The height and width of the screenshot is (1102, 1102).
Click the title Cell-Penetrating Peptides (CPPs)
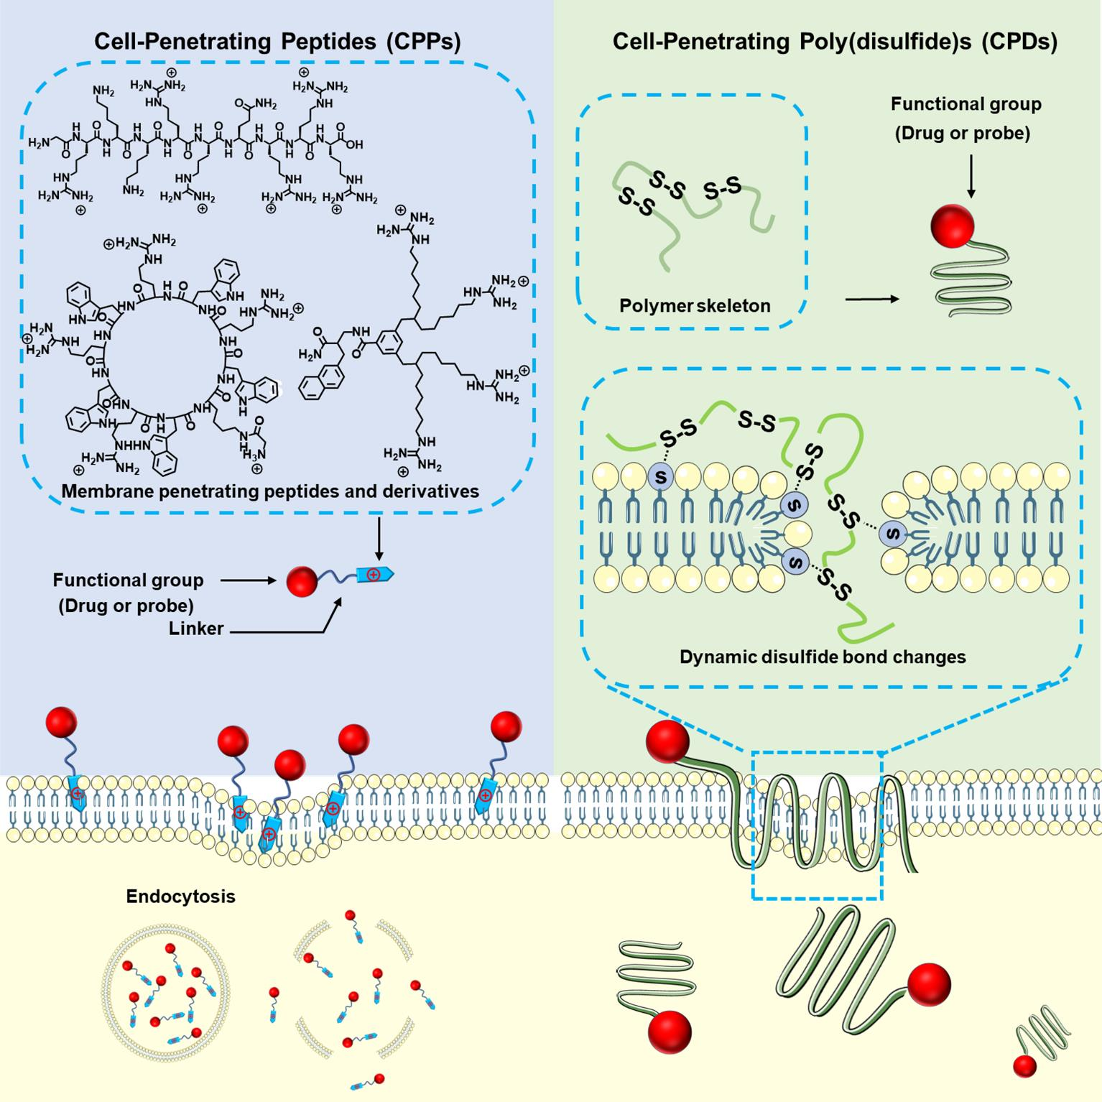click(277, 42)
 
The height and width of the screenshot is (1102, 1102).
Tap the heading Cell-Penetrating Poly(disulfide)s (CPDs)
click(835, 42)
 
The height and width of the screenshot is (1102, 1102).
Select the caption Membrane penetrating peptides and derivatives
click(270, 491)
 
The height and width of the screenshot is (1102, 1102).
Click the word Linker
click(196, 629)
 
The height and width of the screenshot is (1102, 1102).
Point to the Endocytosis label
click(180, 897)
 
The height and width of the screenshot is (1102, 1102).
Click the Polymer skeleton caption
click(695, 305)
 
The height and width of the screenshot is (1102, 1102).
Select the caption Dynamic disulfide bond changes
click(823, 657)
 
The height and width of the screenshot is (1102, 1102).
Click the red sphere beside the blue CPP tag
click(302, 581)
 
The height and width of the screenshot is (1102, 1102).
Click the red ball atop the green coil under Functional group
click(952, 226)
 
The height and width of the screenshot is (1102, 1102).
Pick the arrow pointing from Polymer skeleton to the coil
click(871, 298)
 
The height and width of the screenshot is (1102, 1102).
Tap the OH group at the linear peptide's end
click(356, 144)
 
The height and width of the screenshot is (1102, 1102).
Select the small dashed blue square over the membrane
click(817, 825)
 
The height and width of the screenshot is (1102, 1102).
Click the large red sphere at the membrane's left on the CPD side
click(667, 742)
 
